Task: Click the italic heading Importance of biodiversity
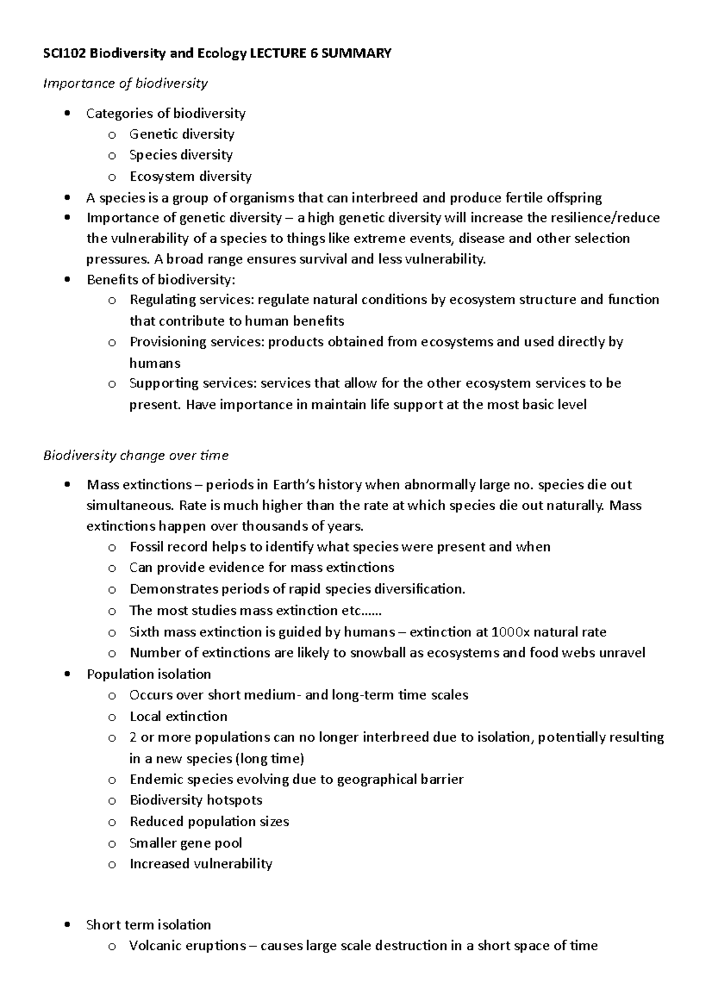125,83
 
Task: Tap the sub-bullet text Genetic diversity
182,134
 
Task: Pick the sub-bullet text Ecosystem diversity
190,176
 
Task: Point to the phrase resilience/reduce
606,218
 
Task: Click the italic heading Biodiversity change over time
136,455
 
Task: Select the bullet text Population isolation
148,674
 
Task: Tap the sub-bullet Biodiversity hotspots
196,800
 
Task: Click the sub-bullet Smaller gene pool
186,843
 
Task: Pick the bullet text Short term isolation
148,925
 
